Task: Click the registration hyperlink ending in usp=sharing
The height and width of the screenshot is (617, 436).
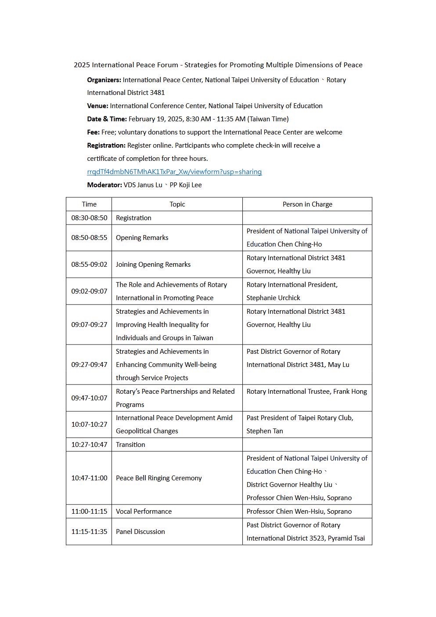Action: coord(174,172)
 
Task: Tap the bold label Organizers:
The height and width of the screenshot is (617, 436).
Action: coord(104,80)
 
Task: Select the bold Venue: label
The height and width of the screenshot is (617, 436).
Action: coord(97,106)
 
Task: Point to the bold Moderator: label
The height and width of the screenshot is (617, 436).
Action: coord(104,185)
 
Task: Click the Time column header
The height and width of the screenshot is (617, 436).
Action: coord(89,204)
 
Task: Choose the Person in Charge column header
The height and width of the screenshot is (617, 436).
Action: coord(307,204)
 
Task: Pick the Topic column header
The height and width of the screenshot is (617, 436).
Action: coord(177,204)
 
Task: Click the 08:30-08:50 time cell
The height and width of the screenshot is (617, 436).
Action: coord(89,218)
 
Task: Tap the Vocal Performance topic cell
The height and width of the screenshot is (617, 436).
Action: coord(144,512)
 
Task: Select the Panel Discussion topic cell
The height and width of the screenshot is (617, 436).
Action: coord(141,532)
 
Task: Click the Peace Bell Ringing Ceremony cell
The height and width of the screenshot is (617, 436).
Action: coord(159,478)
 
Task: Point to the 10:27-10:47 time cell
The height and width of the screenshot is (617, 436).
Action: coord(89,445)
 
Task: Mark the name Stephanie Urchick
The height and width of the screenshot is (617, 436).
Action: coord(273,298)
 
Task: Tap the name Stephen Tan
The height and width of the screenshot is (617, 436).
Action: coord(265,431)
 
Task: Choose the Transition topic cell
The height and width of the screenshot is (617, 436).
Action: coord(130,445)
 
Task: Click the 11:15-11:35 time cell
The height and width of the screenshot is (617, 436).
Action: coord(89,532)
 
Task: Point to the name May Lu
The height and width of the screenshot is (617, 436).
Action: coord(339,365)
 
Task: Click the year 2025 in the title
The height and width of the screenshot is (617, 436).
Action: coord(82,65)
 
